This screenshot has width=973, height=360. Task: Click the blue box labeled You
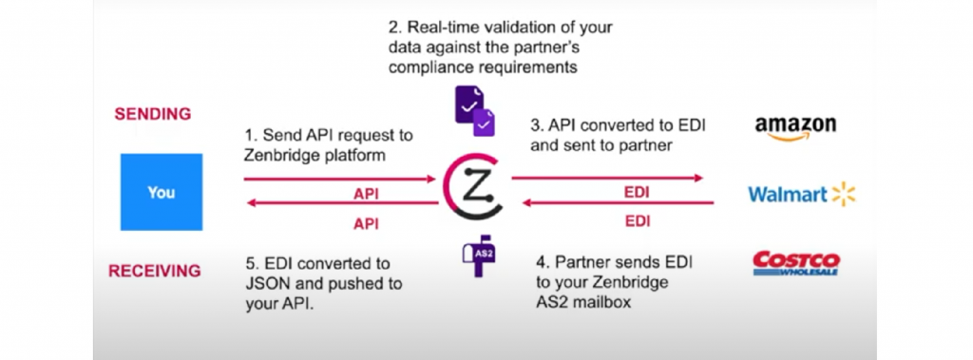162,192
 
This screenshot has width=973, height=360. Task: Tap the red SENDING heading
153,114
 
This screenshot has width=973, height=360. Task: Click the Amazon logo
794,128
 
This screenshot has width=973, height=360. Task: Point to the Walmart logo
802,195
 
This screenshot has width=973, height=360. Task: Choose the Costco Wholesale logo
795,262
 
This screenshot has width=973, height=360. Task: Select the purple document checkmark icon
473,111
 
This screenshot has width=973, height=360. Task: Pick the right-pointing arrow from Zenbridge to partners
607,178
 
